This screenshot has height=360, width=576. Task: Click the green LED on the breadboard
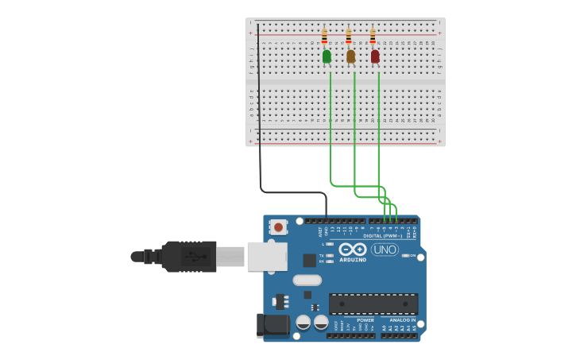pos(327,56)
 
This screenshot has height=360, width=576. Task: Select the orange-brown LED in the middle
pos(350,56)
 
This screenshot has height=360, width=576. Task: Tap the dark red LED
pos(375,56)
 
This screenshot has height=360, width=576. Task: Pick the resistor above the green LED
pos(324,36)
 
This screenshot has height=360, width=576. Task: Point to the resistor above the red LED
pos(373,36)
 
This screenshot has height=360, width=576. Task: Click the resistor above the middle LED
pos(348,36)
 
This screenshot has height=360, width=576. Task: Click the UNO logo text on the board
pos(385,250)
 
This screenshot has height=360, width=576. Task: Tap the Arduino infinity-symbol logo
pos(353,250)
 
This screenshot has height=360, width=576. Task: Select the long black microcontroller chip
pos(373,304)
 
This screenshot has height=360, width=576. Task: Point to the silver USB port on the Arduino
pos(266,256)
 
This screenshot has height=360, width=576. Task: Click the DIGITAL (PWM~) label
pos(381,236)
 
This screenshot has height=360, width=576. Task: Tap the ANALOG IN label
pos(402,319)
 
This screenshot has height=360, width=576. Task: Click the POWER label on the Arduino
pos(365,319)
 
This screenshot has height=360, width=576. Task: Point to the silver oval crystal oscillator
pos(307,280)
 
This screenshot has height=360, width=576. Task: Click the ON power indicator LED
pos(406,256)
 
